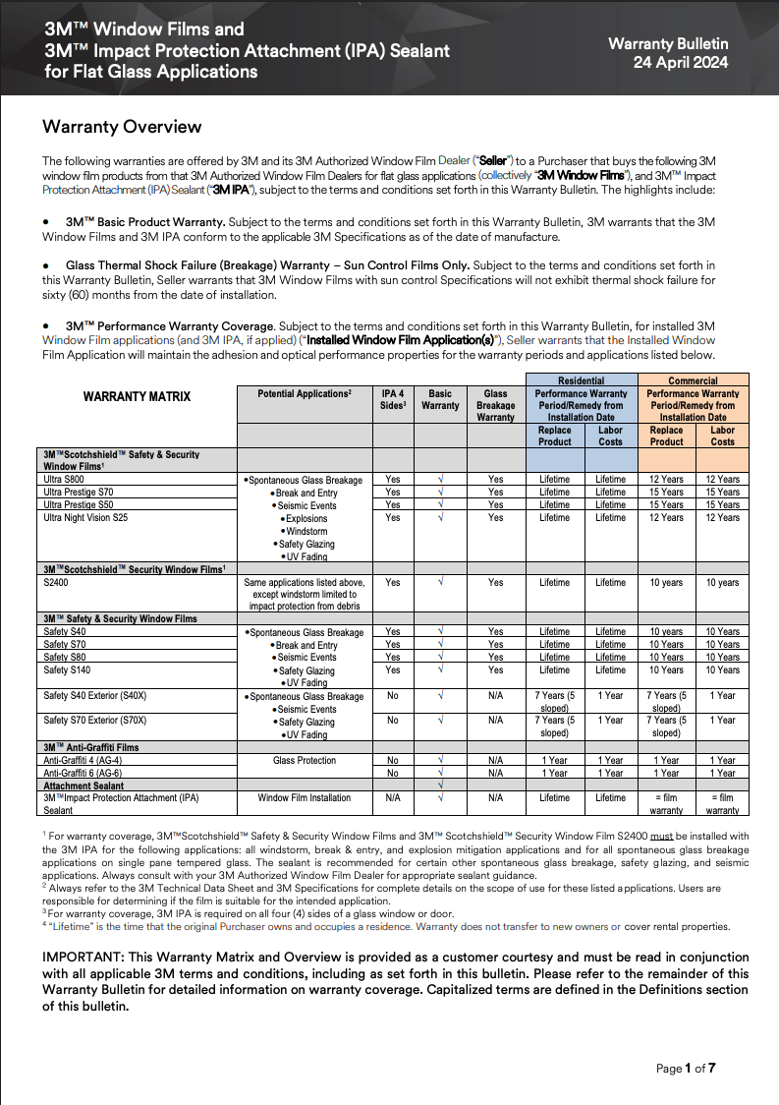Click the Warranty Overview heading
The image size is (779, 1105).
pos(122,127)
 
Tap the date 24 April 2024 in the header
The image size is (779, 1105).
pos(681,62)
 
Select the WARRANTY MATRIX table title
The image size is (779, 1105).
pos(137,397)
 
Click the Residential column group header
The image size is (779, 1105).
pos(582,380)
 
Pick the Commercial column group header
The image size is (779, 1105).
pos(694,380)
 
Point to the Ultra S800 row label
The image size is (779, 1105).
pos(66,480)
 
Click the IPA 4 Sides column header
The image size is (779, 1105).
pos(392,398)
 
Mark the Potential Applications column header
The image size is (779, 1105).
pos(304,393)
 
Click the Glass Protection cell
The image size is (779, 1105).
pos(304,760)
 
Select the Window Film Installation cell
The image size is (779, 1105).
pos(304,797)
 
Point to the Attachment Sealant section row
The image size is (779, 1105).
pos(85,785)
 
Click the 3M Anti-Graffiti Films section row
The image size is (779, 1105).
pos(91,747)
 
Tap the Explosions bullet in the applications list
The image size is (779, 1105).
pos(306,518)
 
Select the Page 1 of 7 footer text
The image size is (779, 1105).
pos(686,1069)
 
